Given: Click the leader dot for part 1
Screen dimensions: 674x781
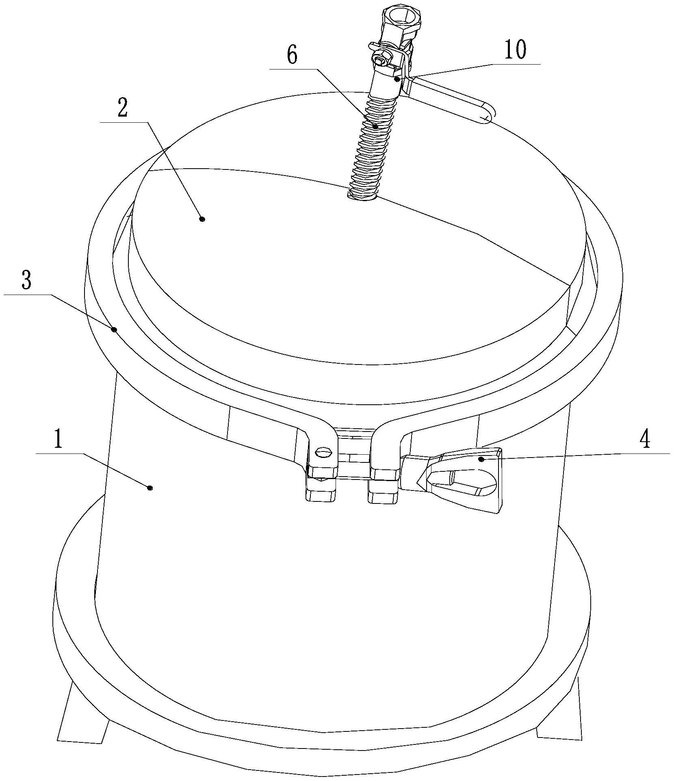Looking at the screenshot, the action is tap(150, 488).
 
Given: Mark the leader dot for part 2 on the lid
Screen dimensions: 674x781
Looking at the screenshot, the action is tap(202, 219).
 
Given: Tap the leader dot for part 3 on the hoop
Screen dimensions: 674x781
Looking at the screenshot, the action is tap(115, 329).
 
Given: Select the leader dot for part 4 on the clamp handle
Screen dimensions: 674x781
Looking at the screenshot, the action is tap(481, 459).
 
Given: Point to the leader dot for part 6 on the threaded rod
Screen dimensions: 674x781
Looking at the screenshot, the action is tap(376, 127).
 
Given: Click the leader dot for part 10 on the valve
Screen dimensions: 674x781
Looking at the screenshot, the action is tap(397, 79).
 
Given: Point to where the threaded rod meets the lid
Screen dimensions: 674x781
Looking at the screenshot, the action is tap(363, 196).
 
